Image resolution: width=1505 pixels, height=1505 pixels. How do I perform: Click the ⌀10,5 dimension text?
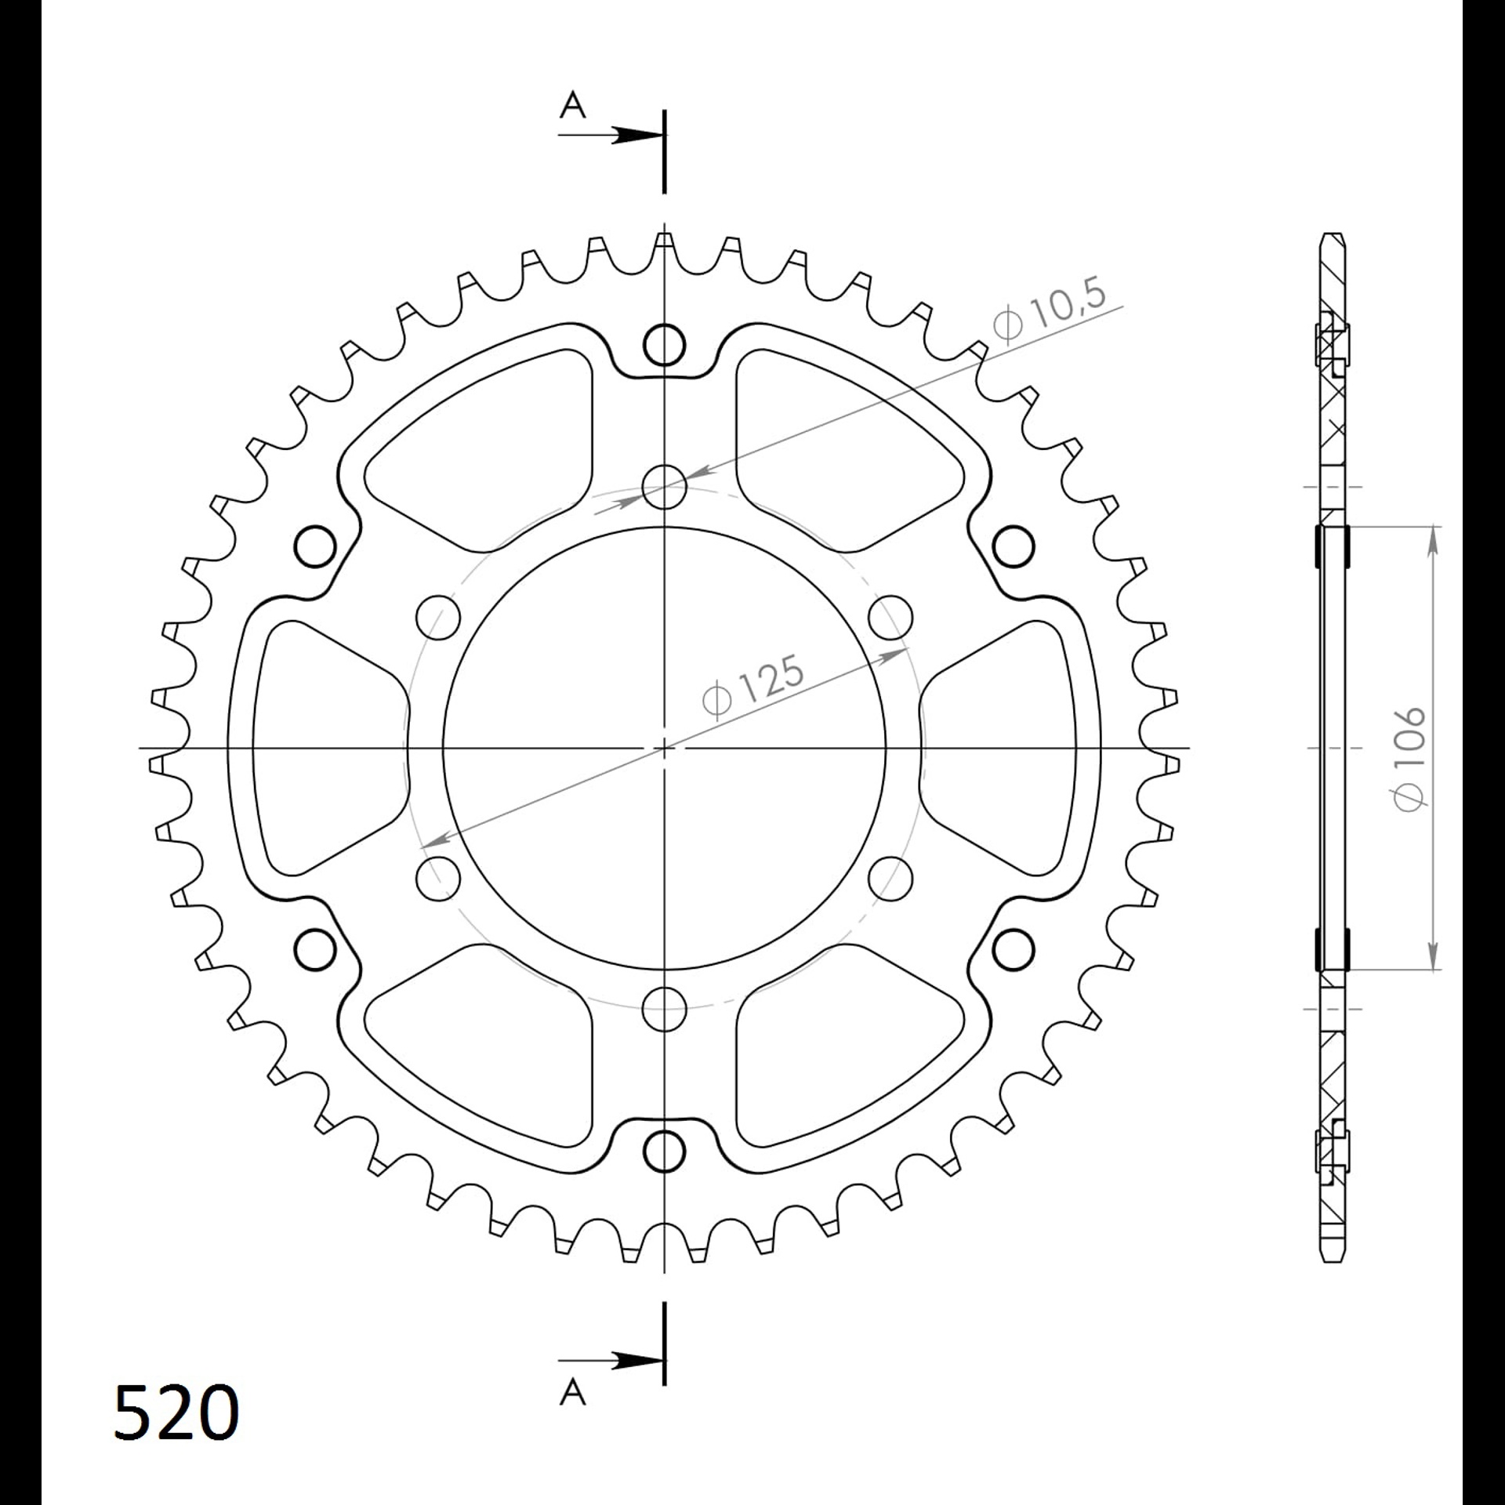[1050, 311]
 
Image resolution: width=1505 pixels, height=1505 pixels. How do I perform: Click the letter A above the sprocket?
[573, 104]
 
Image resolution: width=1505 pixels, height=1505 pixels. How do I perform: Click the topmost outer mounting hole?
[664, 345]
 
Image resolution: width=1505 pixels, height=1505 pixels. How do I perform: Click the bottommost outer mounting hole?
[664, 1151]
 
